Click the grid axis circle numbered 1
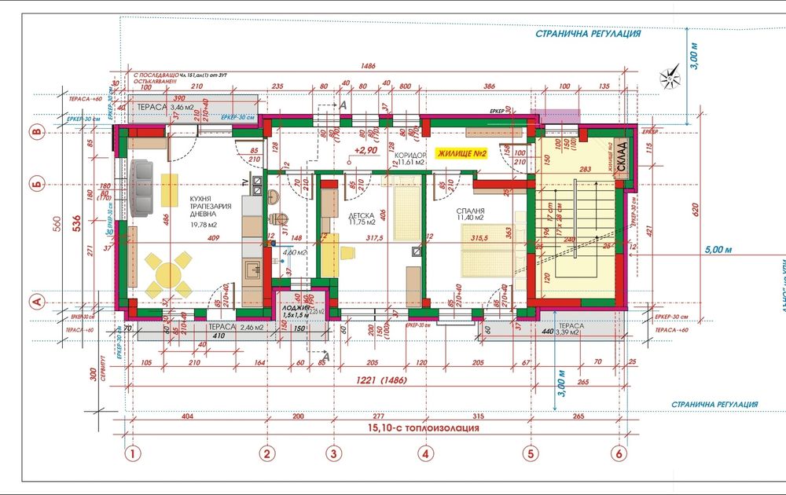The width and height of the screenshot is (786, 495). pos(134,453)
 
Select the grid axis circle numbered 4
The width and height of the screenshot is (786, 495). pos(425,453)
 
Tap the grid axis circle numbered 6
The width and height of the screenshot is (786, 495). pos(618,453)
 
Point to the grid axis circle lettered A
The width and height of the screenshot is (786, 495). pos(35,301)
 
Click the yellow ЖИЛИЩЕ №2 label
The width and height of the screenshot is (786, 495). pos(462,155)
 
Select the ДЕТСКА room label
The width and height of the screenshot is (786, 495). pos(361,214)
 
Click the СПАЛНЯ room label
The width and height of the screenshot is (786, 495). pos(468,211)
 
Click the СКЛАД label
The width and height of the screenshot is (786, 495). pos(621,150)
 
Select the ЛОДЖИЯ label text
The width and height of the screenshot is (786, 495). pos(296,309)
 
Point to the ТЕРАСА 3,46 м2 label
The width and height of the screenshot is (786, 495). pos(164,104)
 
